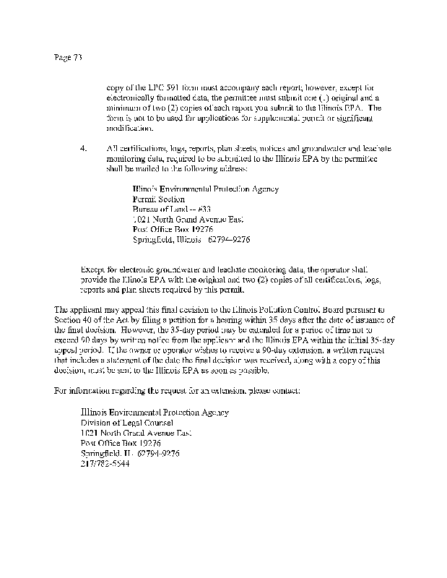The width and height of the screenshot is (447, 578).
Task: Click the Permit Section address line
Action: point(158,199)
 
